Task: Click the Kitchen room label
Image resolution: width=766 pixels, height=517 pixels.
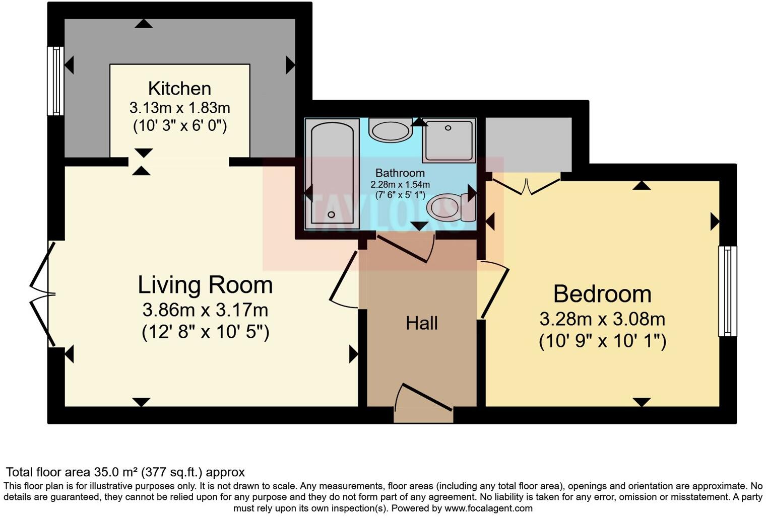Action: [179, 89]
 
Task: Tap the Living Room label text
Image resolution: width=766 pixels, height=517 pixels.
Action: [205, 285]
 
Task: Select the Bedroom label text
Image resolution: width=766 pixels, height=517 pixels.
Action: [602, 294]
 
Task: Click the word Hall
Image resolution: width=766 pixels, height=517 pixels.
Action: [422, 323]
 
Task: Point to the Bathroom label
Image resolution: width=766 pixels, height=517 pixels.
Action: [400, 173]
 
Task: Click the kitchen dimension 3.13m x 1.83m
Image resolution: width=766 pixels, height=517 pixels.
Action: [179, 108]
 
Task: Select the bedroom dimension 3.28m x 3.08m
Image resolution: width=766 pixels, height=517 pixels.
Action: [602, 319]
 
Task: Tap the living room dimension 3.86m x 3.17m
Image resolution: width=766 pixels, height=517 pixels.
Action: [205, 309]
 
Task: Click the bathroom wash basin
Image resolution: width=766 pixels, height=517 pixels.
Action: [391, 130]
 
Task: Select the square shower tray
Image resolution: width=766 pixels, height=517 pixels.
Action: [449, 140]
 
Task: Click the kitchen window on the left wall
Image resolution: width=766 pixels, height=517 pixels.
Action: [55, 81]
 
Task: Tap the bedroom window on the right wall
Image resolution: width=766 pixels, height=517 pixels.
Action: [727, 291]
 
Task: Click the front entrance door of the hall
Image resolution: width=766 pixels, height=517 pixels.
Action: [423, 403]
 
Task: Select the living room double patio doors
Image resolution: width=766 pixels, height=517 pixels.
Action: [41, 293]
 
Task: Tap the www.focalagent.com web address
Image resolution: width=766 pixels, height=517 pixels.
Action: [488, 508]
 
